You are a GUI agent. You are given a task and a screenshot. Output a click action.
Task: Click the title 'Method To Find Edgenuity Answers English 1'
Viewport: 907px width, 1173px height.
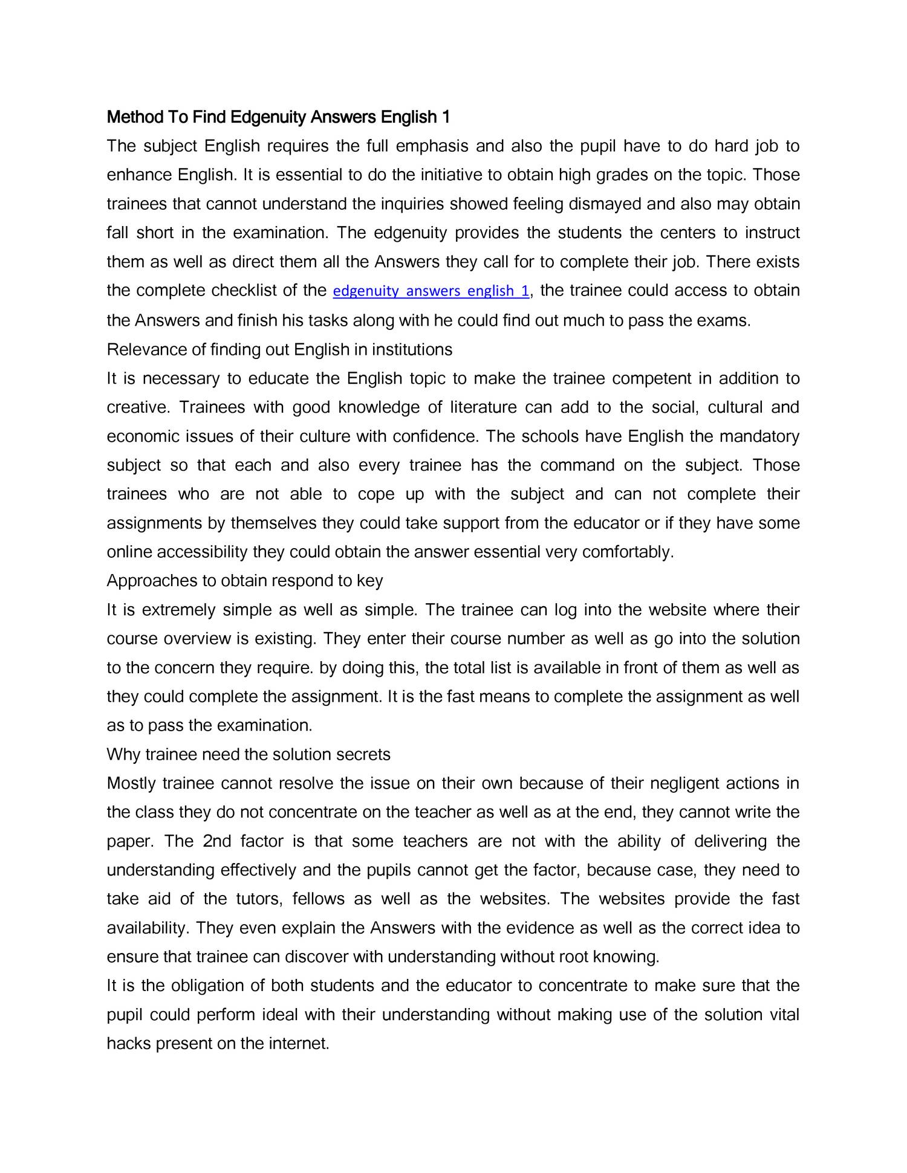(278, 117)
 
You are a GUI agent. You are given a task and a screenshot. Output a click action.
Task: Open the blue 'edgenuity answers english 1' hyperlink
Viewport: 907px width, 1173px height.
(431, 291)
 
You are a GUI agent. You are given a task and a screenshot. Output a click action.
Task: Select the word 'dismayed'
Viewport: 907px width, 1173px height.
(605, 204)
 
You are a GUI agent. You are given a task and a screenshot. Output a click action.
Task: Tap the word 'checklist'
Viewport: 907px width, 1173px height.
(248, 291)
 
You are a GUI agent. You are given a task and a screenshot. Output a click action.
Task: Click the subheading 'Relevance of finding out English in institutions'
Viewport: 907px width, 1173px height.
(279, 349)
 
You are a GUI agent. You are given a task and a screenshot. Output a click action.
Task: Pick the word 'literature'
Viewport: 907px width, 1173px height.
(483, 407)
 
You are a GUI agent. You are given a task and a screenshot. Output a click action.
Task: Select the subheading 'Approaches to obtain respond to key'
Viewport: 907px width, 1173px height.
(245, 581)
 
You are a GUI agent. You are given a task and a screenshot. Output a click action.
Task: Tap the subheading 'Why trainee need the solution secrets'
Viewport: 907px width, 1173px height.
(249, 755)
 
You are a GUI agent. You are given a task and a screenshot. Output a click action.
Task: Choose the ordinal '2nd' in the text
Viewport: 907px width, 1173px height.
(217, 842)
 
